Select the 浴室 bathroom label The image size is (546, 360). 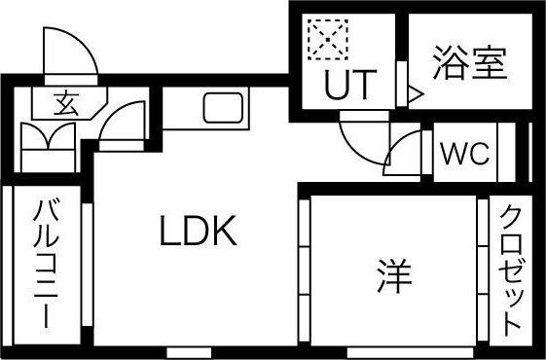pos(471,65)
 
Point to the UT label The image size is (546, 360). pos(347,87)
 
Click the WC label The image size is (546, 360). pos(464,154)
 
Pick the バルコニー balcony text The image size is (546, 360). pos(45,263)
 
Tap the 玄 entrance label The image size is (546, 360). pos(65,101)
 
